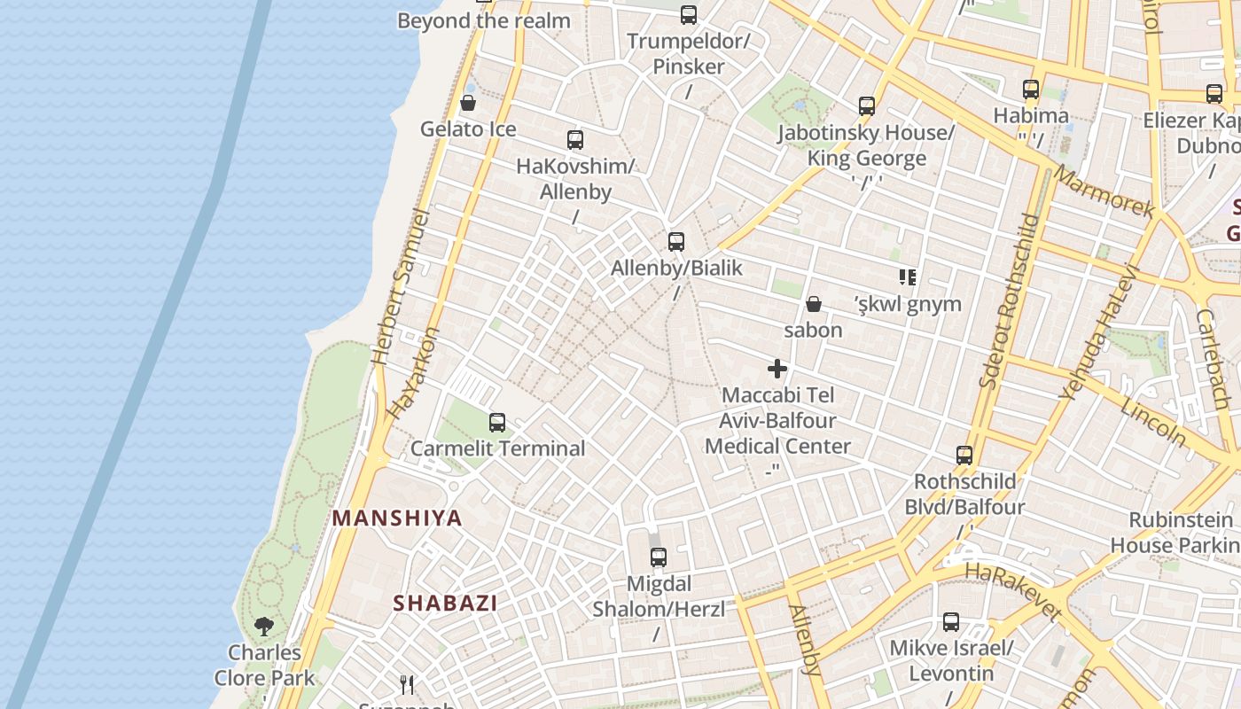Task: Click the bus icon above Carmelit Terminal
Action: tap(497, 423)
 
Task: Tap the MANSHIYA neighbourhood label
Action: tap(397, 518)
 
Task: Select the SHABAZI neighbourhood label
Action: tap(445, 604)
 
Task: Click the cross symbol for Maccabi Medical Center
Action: tap(777, 369)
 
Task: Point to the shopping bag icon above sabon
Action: tap(814, 305)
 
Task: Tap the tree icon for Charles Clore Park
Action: tap(263, 627)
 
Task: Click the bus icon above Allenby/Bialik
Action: tap(676, 241)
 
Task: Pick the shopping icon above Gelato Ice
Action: tap(468, 104)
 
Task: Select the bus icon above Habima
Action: tap(1030, 90)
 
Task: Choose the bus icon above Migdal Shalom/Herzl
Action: tap(658, 557)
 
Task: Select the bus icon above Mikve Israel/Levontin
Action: tap(951, 622)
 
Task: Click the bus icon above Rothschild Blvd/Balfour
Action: tap(964, 456)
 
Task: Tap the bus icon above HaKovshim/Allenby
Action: tap(575, 140)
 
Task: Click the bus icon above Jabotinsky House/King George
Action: tap(867, 107)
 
